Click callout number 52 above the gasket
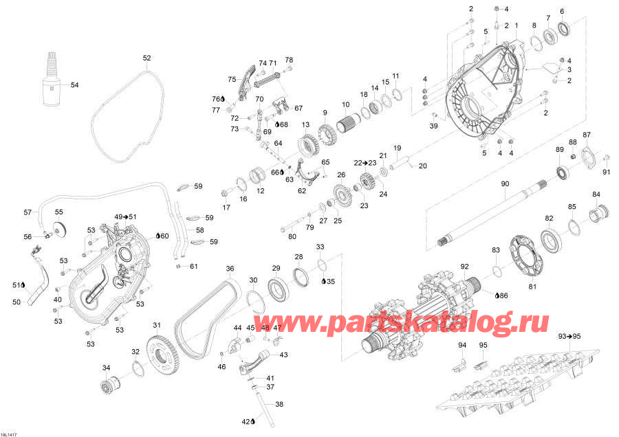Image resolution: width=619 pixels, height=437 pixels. [x=146, y=58]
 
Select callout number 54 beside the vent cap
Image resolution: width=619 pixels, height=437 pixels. [x=74, y=85]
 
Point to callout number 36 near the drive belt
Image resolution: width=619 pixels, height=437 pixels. [x=230, y=269]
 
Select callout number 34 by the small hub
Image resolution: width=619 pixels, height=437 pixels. [x=106, y=368]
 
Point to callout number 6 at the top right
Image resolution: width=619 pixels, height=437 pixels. [x=562, y=11]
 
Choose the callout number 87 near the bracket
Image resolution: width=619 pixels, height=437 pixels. [x=586, y=134]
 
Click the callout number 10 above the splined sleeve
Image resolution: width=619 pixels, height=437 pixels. [x=346, y=104]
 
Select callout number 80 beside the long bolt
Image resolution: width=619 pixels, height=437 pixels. [x=292, y=237]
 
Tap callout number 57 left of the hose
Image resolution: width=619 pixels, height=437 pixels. [x=28, y=212]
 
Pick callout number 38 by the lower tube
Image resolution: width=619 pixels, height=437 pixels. [x=279, y=404]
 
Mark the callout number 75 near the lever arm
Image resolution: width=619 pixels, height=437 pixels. [x=232, y=79]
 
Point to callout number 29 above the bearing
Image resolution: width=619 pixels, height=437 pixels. [x=276, y=268]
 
